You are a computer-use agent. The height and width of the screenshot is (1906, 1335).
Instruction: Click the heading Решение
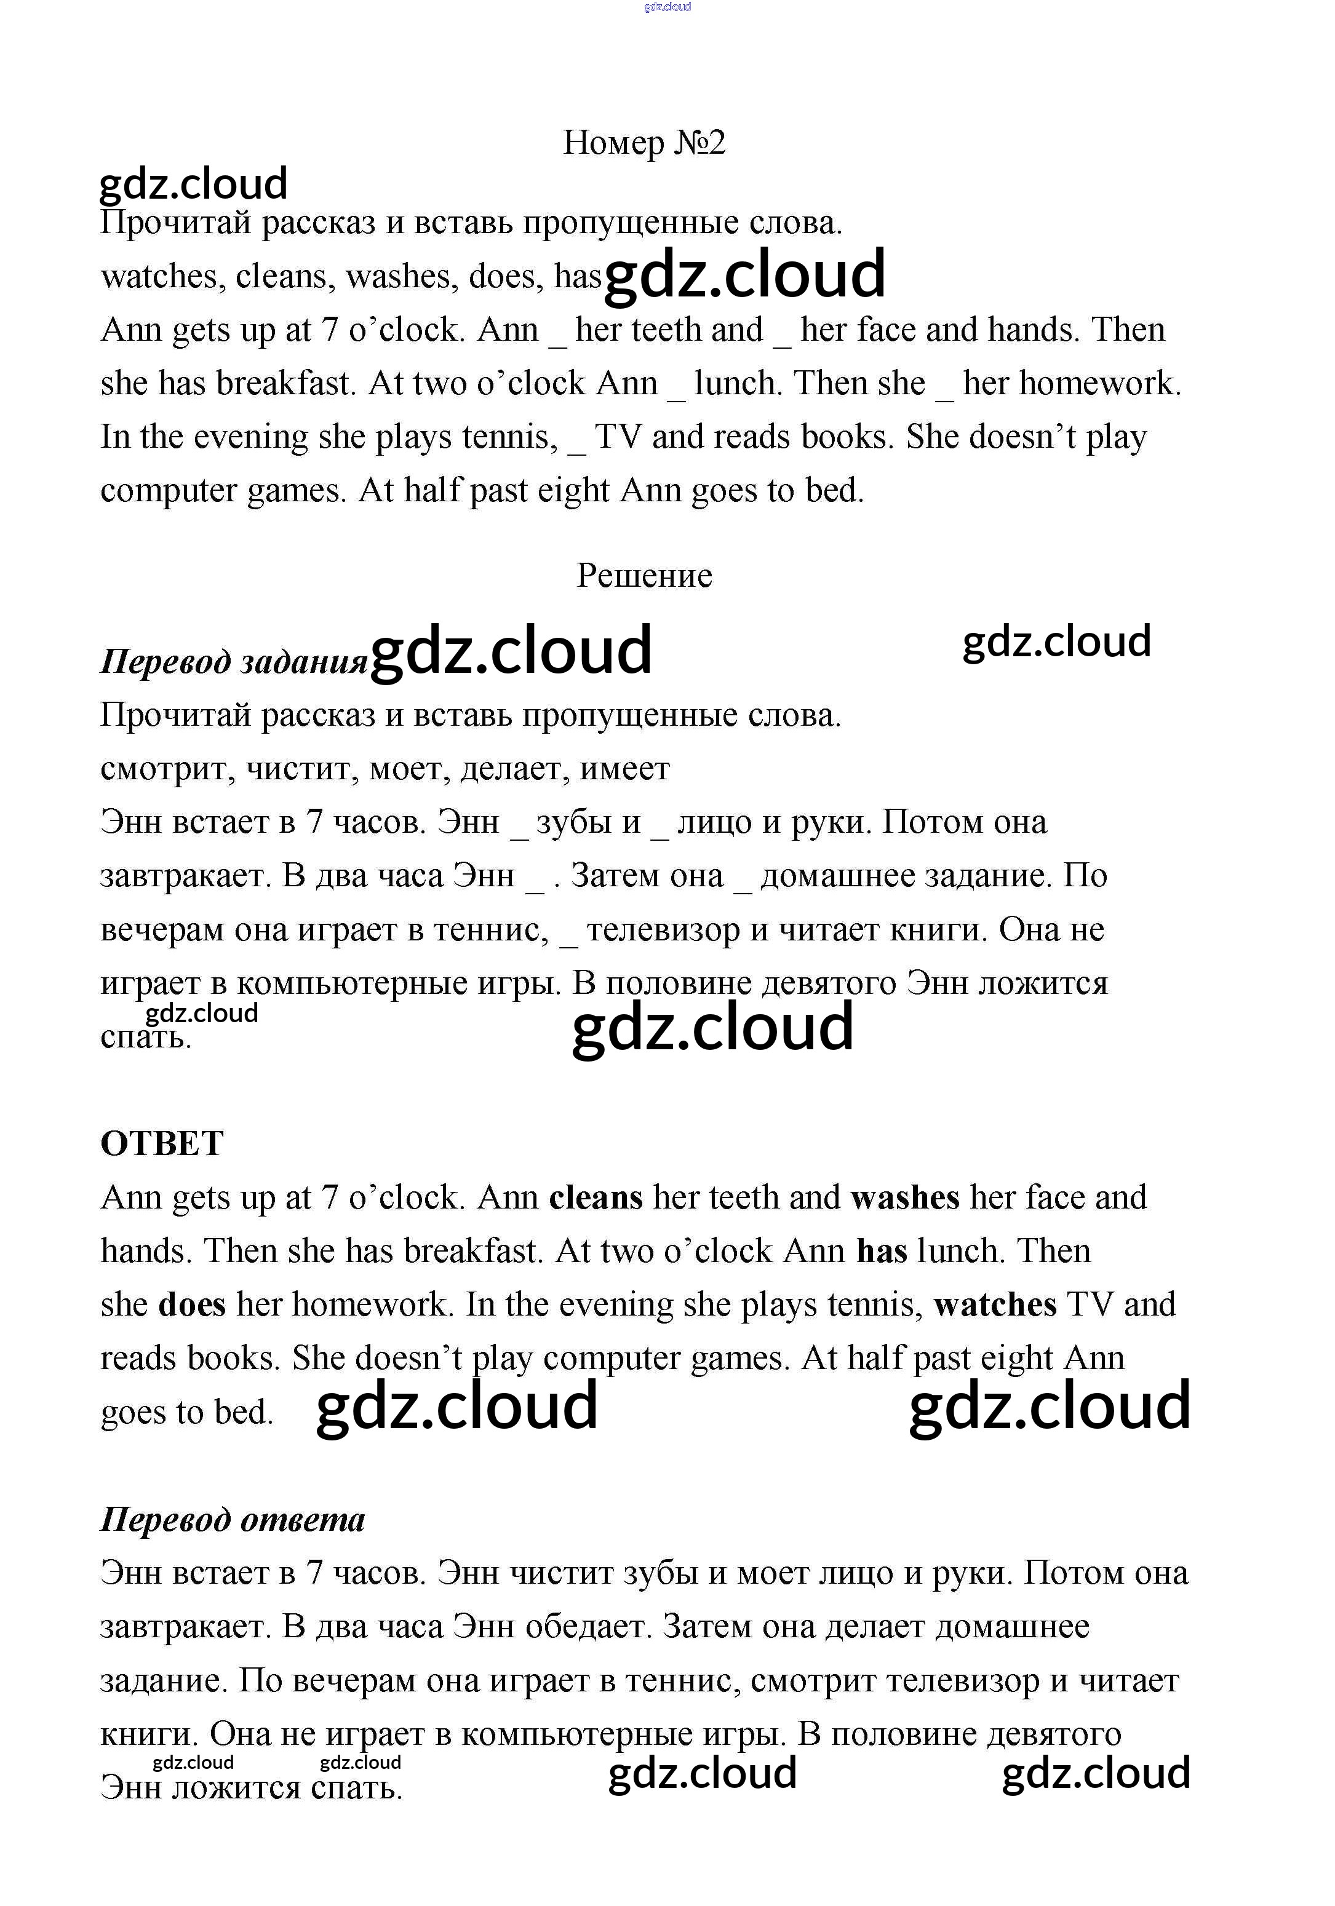click(x=644, y=575)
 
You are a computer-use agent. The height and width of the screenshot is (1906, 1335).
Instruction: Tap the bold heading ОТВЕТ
click(x=162, y=1143)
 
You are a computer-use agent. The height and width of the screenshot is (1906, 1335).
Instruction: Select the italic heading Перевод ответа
click(x=233, y=1519)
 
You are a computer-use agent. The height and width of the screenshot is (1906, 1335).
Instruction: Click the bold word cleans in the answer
click(x=596, y=1198)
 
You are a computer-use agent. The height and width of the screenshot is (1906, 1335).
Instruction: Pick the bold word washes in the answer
click(x=905, y=1198)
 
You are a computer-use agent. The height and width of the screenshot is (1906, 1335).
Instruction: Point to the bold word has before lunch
click(x=881, y=1251)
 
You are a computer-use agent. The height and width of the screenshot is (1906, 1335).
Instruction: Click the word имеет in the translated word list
click(x=624, y=769)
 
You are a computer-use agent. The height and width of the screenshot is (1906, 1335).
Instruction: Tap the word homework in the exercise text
click(x=1099, y=384)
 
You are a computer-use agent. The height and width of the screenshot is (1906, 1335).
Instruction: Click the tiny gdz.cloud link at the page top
click(x=667, y=7)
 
